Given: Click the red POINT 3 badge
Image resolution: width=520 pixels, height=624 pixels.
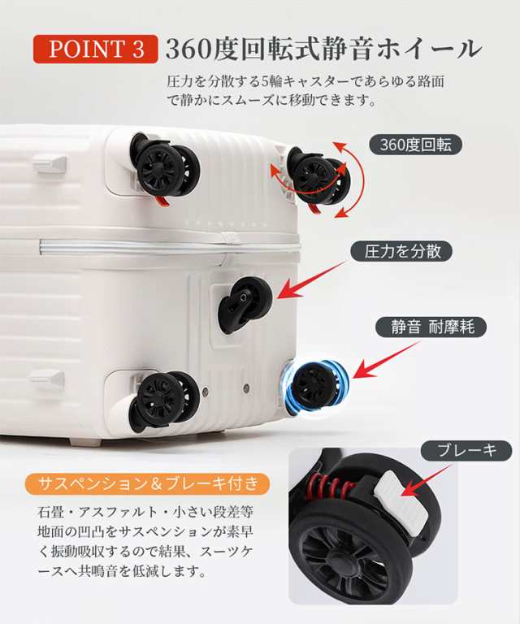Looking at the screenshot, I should (96, 49).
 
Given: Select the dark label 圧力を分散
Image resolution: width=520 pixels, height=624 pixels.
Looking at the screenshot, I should (401, 251).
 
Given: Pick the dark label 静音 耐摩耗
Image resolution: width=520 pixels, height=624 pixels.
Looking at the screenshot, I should (432, 327).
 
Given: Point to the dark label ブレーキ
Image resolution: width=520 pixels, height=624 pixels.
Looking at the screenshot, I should (466, 451).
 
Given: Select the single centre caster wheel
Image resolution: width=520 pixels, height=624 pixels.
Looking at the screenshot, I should (243, 302).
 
